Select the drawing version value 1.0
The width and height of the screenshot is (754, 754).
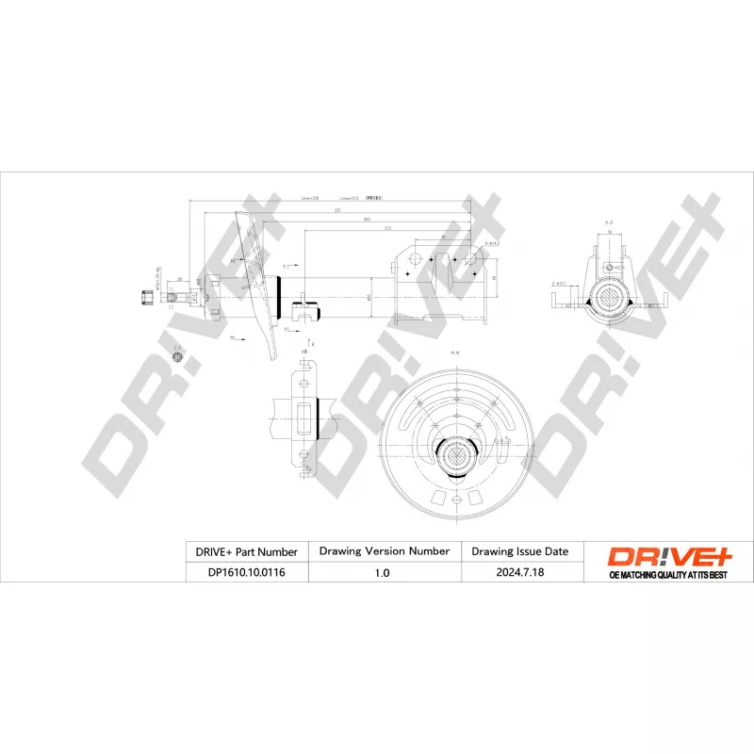click(x=384, y=572)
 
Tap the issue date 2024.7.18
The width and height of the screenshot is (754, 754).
click(x=519, y=572)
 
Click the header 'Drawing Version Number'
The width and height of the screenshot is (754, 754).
click(x=384, y=550)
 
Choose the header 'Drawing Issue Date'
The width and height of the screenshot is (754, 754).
click(x=519, y=550)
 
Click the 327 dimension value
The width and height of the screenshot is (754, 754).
click(x=337, y=210)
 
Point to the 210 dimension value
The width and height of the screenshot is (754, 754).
click(x=386, y=229)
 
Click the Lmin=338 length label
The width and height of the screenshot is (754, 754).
click(x=310, y=199)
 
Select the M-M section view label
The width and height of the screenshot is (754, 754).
click(x=454, y=353)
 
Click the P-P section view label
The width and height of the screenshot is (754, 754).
click(x=609, y=221)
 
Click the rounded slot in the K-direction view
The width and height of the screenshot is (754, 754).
click(x=306, y=415)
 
